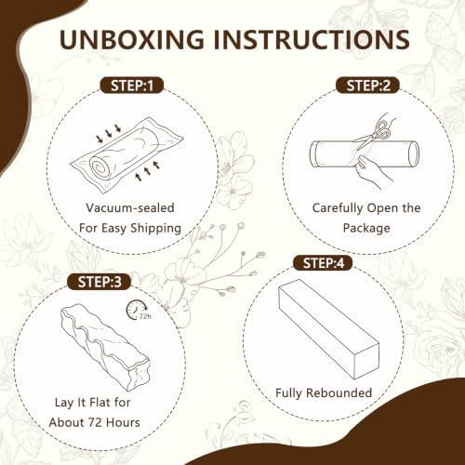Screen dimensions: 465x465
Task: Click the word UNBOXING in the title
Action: click(x=132, y=40)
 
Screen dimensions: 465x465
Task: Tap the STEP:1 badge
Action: click(x=132, y=86)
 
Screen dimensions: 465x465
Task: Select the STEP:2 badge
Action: click(x=368, y=86)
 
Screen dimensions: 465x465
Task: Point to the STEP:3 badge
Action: click(x=100, y=282)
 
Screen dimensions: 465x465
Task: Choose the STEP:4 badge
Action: click(x=323, y=263)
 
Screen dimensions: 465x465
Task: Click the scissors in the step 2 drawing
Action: click(x=373, y=134)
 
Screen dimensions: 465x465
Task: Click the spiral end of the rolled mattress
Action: click(x=100, y=166)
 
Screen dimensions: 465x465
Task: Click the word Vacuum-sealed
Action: click(x=130, y=207)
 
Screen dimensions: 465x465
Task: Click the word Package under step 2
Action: click(x=366, y=228)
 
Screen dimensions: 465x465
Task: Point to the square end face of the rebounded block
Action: click(x=366, y=361)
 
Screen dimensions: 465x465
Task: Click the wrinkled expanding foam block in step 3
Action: click(x=105, y=347)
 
